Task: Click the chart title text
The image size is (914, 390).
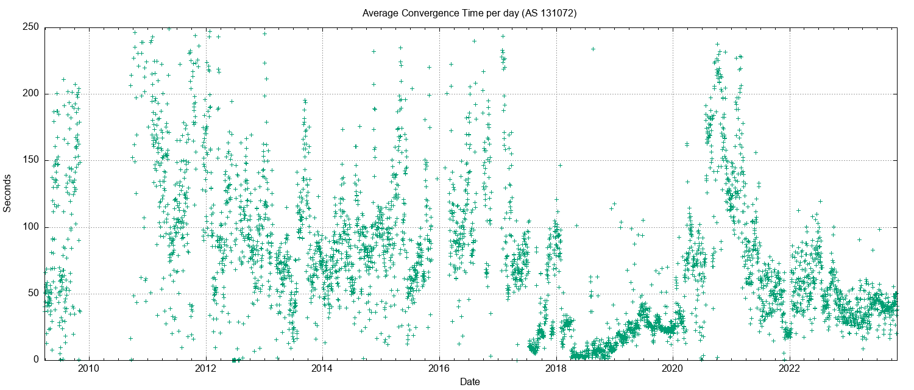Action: pyautogui.click(x=469, y=13)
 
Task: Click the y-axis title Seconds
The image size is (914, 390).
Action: pyautogui.click(x=7, y=193)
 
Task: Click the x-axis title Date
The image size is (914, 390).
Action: pyautogui.click(x=469, y=382)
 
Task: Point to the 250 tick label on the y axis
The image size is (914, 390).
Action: pyautogui.click(x=31, y=27)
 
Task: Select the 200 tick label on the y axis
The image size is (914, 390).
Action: pyautogui.click(x=31, y=94)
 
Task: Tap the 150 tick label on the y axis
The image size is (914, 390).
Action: pyautogui.click(x=31, y=160)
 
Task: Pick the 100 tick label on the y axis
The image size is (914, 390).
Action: pyautogui.click(x=31, y=227)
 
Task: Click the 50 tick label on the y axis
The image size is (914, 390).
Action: pyautogui.click(x=34, y=294)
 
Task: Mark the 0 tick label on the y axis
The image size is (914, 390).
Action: pyautogui.click(x=36, y=360)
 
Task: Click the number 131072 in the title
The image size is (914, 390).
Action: pyautogui.click(x=558, y=13)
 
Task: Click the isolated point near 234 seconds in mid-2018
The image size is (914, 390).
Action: pyautogui.click(x=592, y=49)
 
